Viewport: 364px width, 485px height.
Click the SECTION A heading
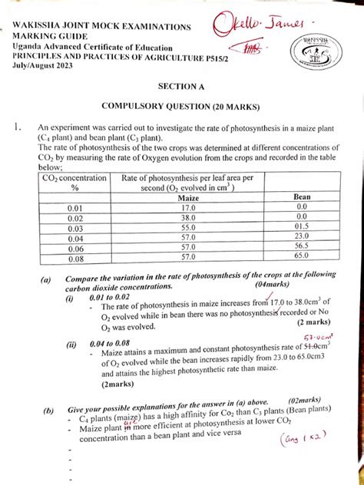(181, 88)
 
